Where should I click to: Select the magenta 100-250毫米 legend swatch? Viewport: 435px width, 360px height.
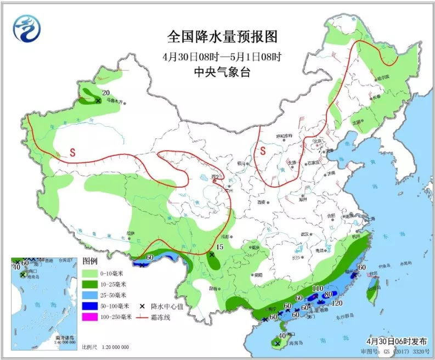pos(94,318)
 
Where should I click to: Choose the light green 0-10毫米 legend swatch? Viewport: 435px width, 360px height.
pos(94,273)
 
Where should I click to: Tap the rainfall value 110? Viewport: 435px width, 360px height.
pos(317,289)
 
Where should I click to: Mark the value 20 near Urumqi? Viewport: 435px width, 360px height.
pos(106,92)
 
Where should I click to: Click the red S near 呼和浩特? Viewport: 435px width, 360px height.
pos(263,149)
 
